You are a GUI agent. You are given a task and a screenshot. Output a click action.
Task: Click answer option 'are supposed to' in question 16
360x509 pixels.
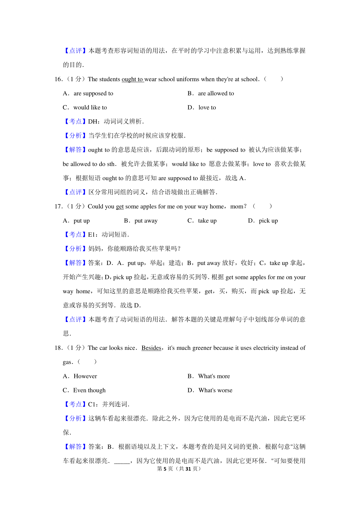[x=93, y=94]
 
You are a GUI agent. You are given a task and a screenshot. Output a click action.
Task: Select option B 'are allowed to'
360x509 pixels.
[x=216, y=94]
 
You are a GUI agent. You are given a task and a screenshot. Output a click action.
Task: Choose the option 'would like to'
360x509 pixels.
[x=90, y=108]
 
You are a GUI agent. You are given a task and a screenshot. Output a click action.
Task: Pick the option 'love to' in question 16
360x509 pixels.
[x=207, y=108]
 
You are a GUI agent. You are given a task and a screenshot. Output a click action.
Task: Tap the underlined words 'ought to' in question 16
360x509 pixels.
[x=132, y=79]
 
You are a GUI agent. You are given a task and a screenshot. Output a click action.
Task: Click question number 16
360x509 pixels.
[x=58, y=79]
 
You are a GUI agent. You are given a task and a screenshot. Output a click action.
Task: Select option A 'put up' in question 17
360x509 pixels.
[x=82, y=221]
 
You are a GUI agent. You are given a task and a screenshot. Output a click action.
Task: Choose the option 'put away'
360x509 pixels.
[x=146, y=221]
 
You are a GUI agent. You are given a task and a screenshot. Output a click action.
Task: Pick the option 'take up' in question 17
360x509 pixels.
[x=207, y=221]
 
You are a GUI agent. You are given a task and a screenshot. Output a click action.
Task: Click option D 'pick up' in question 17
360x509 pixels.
[x=268, y=221]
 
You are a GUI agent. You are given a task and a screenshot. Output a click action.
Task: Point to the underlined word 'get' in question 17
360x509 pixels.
[x=120, y=207]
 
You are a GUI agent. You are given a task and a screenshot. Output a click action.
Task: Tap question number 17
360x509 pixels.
[x=58, y=207]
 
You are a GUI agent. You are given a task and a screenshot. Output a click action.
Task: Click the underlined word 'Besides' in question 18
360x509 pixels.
[x=151, y=348]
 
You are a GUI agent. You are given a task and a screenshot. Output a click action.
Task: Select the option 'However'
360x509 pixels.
[x=85, y=376]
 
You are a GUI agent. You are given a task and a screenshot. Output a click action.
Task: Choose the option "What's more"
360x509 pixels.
[x=214, y=376]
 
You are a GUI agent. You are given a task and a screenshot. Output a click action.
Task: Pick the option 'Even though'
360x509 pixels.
[x=89, y=390]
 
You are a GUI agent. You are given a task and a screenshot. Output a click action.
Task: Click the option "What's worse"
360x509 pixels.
[x=215, y=390]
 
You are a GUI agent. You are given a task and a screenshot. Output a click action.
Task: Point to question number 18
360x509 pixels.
[x=58, y=348]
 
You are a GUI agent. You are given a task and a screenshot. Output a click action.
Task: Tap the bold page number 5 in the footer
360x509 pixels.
[x=165, y=469]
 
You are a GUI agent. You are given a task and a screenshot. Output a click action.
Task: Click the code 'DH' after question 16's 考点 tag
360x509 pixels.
[x=92, y=122]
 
